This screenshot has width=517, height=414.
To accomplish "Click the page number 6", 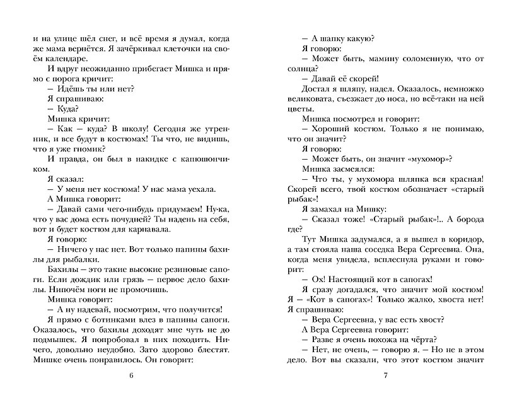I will (131, 377).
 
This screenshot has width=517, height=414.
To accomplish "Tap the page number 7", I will (385, 377).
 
